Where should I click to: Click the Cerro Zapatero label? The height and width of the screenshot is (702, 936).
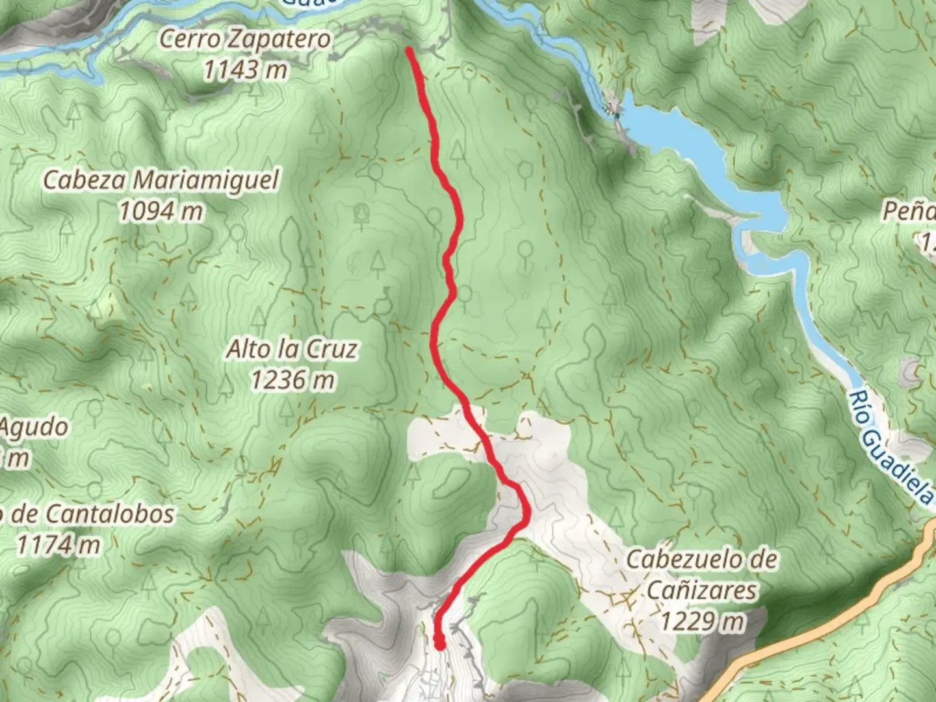coord(245,40)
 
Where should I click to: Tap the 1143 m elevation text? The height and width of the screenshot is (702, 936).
coord(245,69)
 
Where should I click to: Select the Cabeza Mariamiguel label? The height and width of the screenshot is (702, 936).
coord(161,180)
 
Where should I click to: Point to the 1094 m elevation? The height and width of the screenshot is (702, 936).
coord(161,211)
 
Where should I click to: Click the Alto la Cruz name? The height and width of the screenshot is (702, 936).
coord(292,350)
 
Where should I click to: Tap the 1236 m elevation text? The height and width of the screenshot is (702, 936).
coord(292,380)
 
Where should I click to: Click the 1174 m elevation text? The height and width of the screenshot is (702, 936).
coord(58,545)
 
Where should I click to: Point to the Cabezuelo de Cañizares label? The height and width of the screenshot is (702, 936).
coord(702,575)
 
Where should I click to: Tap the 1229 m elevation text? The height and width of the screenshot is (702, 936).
coord(702,621)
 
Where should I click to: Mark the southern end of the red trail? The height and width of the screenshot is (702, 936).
coord(439,645)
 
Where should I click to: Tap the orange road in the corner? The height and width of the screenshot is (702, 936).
coord(845,611)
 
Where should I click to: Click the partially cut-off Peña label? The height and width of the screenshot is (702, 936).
coord(910,211)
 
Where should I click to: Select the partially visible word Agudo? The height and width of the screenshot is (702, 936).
coord(34,428)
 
